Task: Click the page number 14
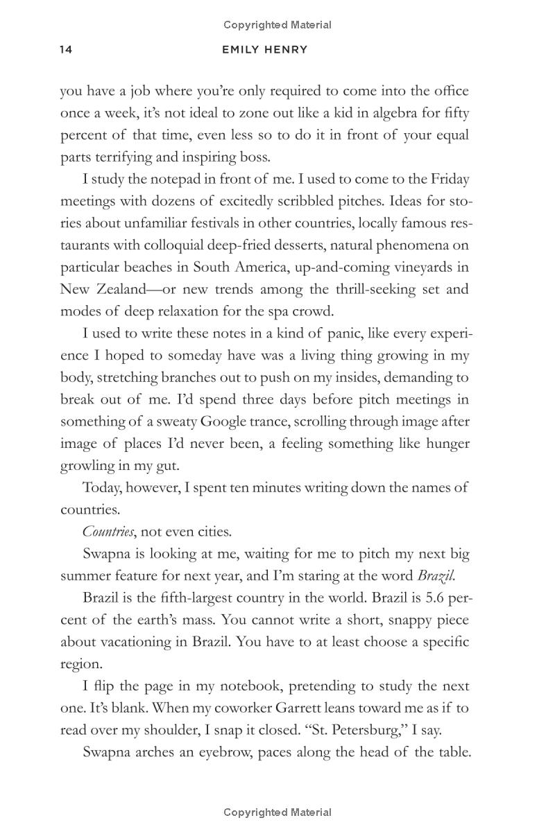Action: tap(66, 50)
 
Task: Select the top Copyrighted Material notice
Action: tap(277, 25)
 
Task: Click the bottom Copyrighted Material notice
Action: tap(277, 812)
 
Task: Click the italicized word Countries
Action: tap(108, 532)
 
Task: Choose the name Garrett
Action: tap(325, 708)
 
